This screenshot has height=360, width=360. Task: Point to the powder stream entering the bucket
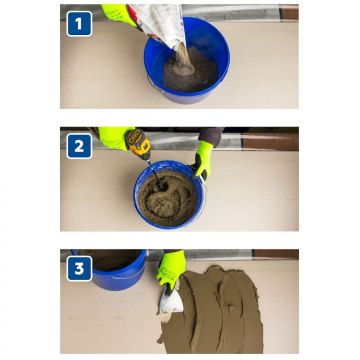[180, 60]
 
